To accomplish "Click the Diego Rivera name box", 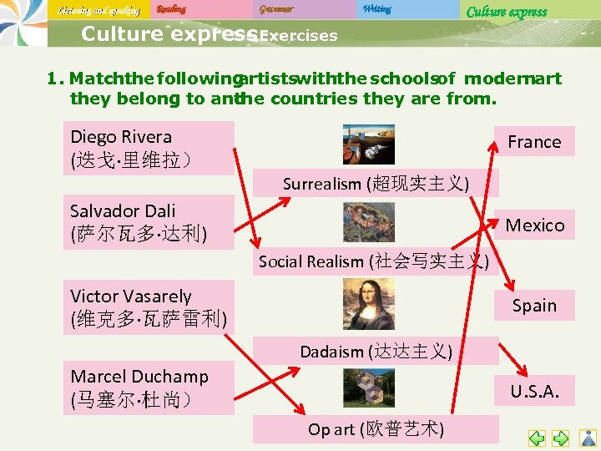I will [149, 148].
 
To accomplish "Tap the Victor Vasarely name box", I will [149, 307].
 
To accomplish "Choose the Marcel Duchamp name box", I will [149, 388].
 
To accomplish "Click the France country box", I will [534, 142].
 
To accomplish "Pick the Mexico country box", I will [534, 225].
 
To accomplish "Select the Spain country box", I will [534, 305].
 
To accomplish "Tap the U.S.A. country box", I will [534, 390].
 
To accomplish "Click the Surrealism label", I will [376, 184].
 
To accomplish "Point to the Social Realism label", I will [373, 261].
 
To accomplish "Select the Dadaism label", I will [376, 352].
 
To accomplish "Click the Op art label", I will [376, 429].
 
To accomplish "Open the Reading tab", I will [171, 9].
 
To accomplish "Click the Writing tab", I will [377, 9].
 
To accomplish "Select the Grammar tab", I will [276, 9].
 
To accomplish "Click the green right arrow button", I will [561, 438].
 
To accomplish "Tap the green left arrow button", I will [537, 438].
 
